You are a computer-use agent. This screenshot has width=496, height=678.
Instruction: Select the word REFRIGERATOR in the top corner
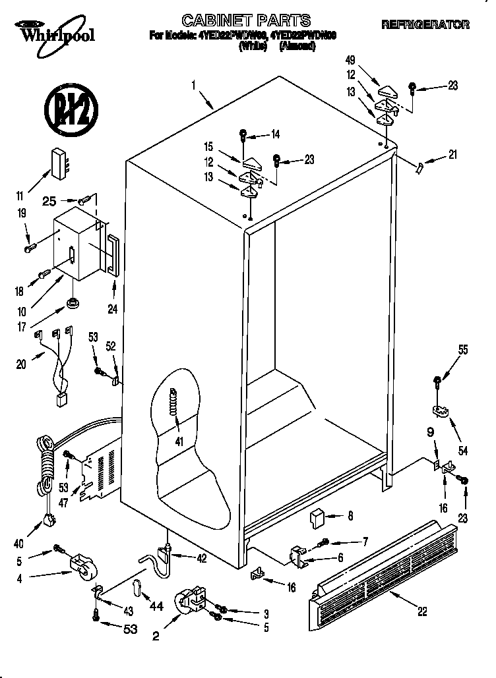pos(425,24)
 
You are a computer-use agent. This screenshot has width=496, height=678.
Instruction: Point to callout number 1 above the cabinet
pos(194,85)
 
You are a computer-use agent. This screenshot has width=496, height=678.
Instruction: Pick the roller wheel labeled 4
pos(82,567)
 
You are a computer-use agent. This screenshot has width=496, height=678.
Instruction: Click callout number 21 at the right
pos(452,155)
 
